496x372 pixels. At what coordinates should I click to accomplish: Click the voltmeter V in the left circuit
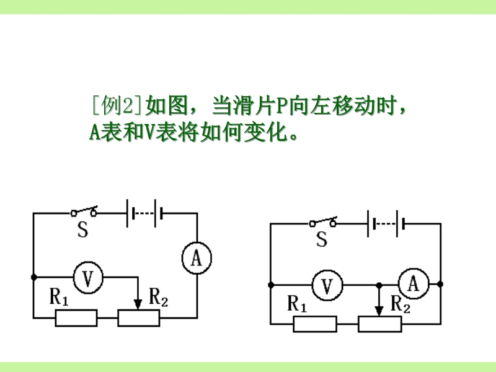(87, 277)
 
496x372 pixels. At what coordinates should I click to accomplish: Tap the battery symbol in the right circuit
(386, 222)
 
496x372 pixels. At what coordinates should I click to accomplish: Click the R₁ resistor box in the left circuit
(76, 318)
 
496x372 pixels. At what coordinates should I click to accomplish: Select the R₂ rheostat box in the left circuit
(139, 318)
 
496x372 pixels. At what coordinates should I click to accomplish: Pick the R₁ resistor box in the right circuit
(315, 324)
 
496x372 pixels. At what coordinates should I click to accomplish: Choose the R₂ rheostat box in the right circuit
(379, 324)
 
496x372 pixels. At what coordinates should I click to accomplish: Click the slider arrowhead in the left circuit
(138, 302)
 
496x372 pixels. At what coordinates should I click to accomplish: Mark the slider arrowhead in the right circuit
(379, 308)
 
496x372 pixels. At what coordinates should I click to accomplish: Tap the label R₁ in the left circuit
(59, 298)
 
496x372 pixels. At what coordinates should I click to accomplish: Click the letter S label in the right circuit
(321, 239)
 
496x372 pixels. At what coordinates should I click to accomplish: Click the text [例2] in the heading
(117, 105)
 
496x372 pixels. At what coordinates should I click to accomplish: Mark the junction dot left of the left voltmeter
(33, 277)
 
